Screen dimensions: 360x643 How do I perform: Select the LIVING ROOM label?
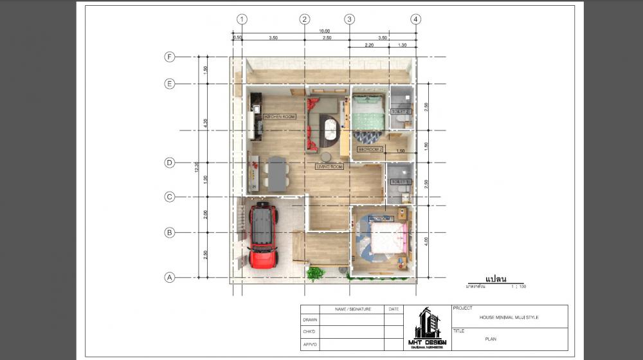[330, 166]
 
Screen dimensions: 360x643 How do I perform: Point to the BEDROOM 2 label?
[370, 149]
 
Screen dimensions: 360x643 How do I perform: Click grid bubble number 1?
[242, 19]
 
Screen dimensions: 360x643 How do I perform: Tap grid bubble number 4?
[417, 19]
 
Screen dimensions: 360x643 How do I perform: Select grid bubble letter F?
[170, 57]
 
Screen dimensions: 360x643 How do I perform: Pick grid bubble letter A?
[170, 278]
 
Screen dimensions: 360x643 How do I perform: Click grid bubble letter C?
[170, 197]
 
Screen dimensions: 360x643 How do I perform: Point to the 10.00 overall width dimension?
[324, 31]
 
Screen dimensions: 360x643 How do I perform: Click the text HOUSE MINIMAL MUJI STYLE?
[509, 317]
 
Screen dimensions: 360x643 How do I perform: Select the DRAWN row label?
[309, 319]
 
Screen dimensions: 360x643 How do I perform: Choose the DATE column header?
[394, 309]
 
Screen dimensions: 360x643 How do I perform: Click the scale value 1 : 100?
[518, 286]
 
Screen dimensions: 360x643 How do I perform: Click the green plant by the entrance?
[314, 274]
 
